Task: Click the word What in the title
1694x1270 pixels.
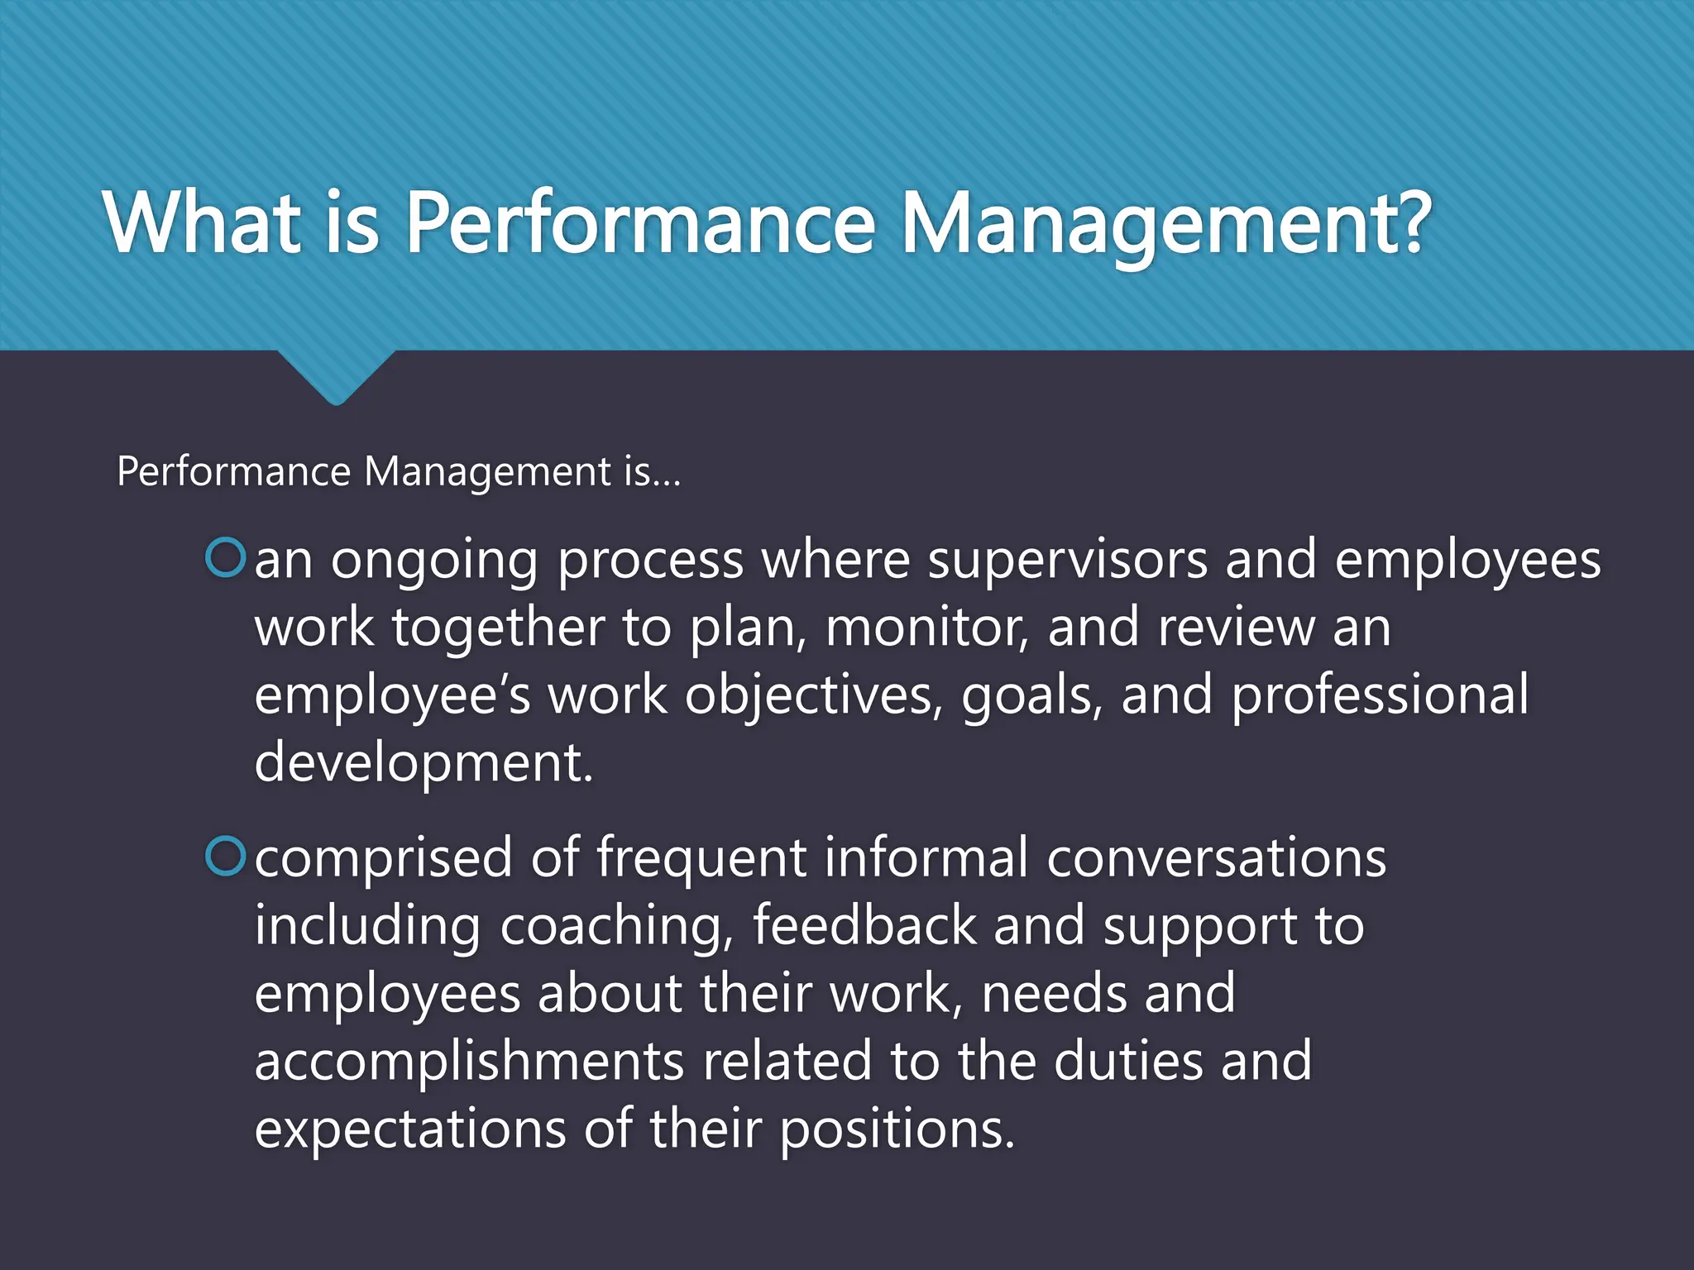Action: [x=203, y=222]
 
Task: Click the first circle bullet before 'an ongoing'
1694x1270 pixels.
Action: [x=225, y=557]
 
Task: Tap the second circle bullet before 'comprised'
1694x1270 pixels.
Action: [x=225, y=856]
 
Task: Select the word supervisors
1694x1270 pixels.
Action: [x=1067, y=561]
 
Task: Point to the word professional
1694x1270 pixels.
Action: [x=1380, y=695]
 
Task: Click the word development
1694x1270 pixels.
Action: [x=423, y=762]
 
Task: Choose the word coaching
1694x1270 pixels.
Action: [x=617, y=926]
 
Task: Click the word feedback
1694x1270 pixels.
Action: [x=864, y=924]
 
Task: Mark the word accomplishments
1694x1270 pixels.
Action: [x=469, y=1062]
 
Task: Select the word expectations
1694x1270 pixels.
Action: [x=410, y=1129]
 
